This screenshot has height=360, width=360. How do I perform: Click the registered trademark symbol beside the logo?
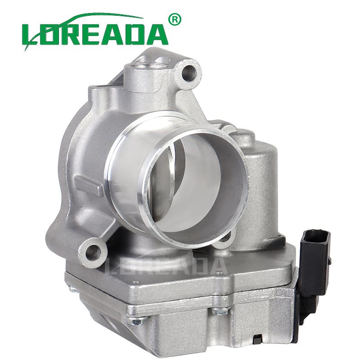pos(175,19)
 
